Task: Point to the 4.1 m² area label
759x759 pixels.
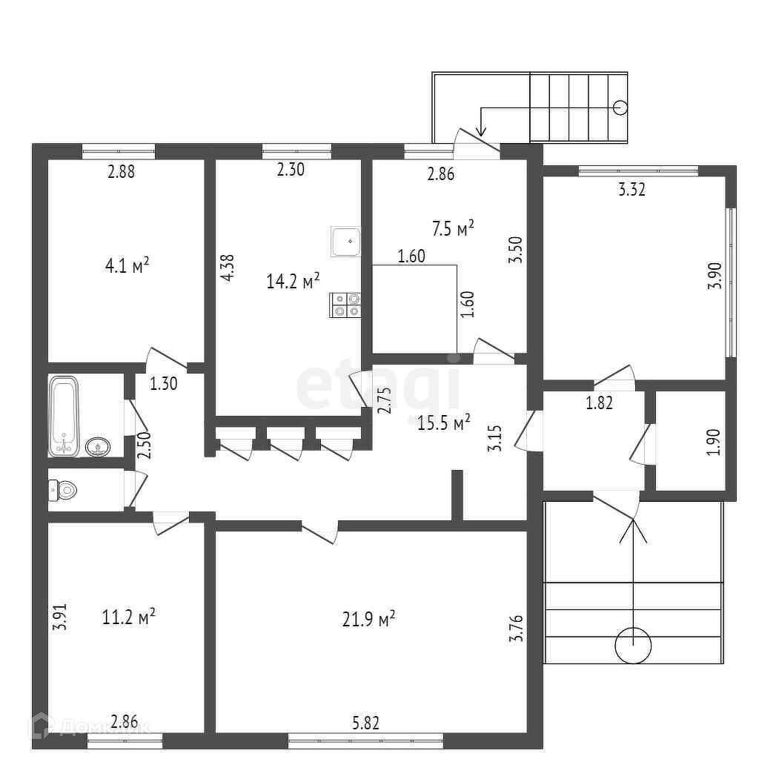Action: [129, 265]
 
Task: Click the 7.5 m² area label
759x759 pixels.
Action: [453, 229]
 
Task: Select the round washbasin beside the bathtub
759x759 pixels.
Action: [99, 446]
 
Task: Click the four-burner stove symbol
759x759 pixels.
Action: [346, 305]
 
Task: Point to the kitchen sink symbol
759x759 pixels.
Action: [345, 241]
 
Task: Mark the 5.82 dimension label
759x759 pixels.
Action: [366, 723]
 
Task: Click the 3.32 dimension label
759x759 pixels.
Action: [632, 190]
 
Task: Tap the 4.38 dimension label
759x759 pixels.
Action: [229, 268]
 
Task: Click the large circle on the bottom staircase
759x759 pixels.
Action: [633, 645]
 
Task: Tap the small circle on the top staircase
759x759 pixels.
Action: [621, 107]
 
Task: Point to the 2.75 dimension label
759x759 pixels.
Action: [383, 400]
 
